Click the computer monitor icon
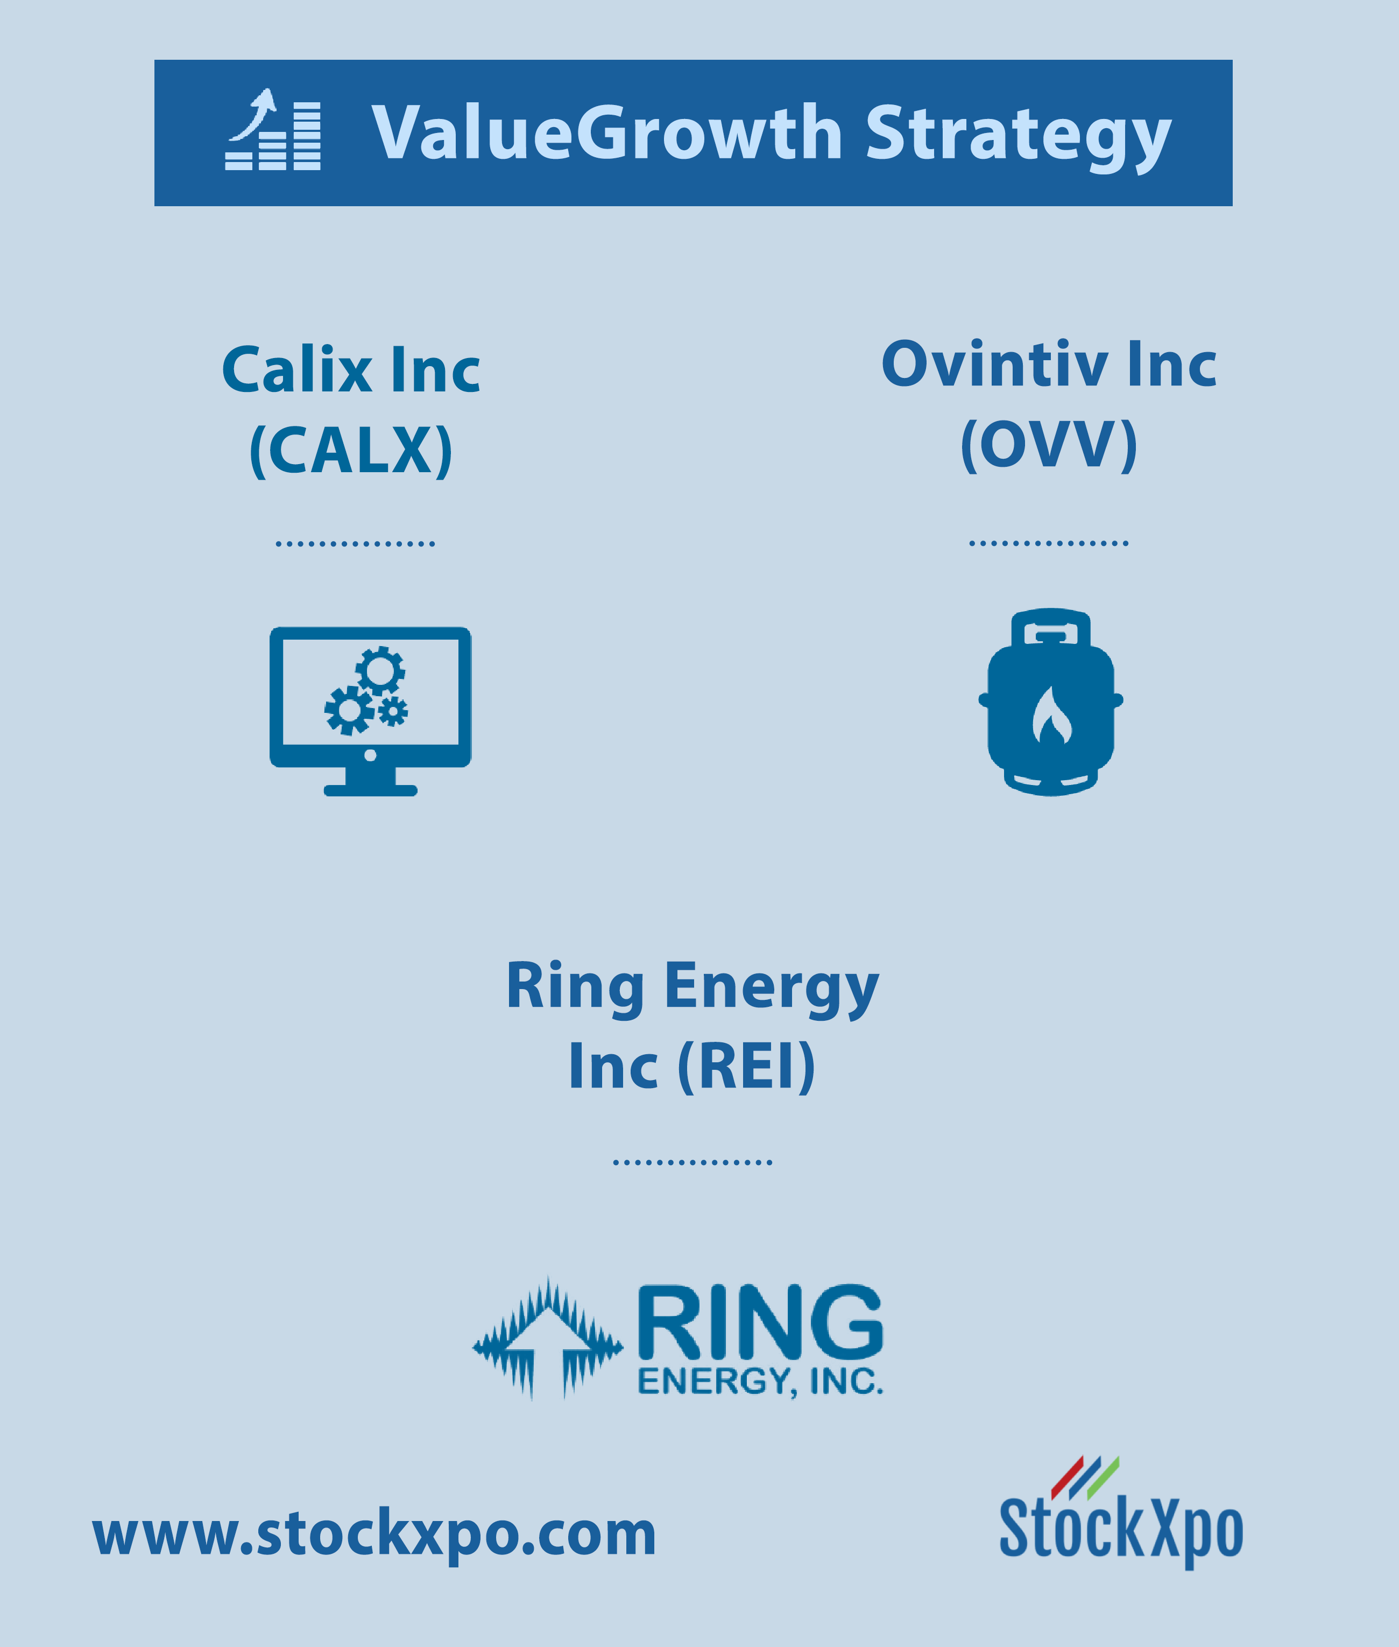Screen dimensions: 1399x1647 point(370,711)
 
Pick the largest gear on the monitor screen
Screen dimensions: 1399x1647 point(349,710)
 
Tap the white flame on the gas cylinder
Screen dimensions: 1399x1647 point(1051,715)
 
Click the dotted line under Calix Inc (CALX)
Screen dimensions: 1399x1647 point(355,543)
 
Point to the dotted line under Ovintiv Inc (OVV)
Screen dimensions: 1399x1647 point(1049,543)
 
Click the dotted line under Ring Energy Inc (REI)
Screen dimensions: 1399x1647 point(693,1162)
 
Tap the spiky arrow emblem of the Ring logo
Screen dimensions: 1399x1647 point(548,1337)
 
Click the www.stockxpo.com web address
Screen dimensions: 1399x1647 point(375,1533)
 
